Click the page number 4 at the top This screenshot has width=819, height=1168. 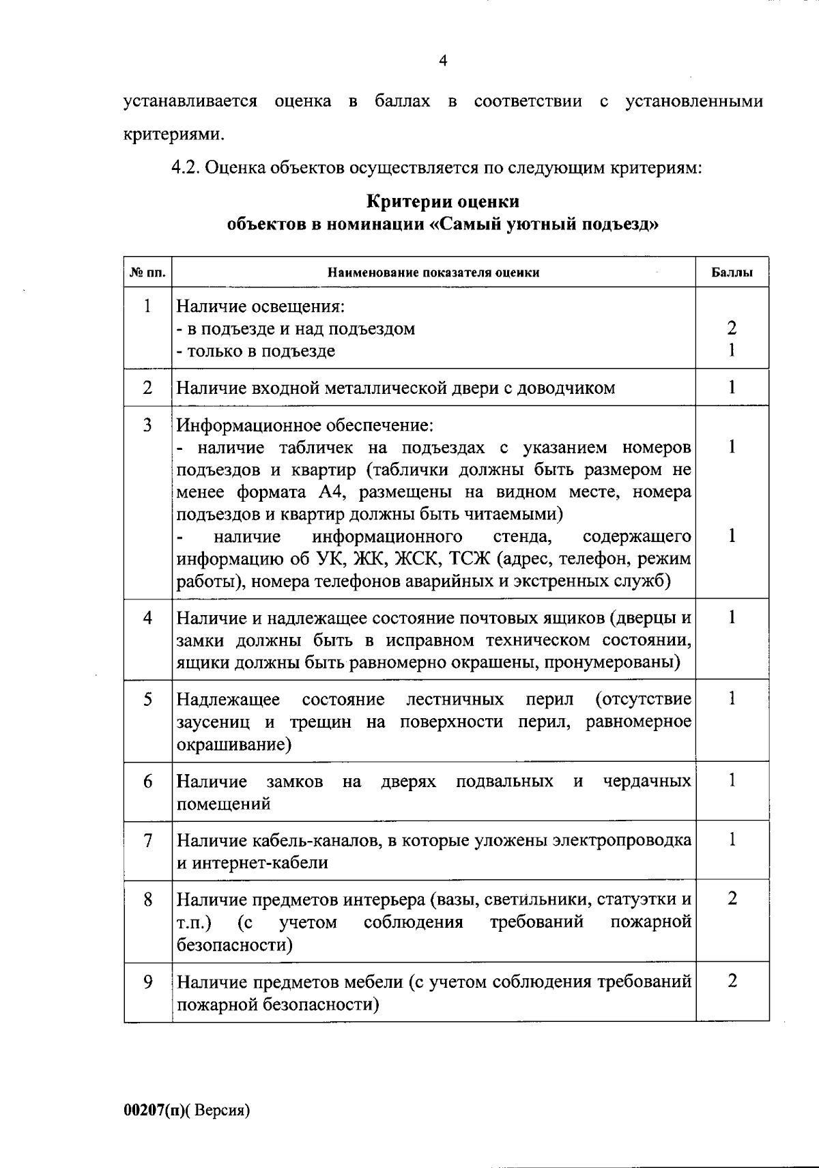point(442,61)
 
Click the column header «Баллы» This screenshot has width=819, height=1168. point(732,272)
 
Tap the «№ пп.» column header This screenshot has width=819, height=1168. point(147,272)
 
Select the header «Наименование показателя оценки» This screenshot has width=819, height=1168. point(433,272)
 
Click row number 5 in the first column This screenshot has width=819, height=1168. point(147,700)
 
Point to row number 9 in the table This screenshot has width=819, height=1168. point(147,982)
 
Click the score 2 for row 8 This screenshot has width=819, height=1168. point(732,899)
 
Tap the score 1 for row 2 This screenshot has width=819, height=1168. point(732,388)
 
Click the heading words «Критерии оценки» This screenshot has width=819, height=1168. point(443,202)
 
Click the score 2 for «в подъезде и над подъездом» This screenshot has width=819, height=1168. point(732,328)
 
